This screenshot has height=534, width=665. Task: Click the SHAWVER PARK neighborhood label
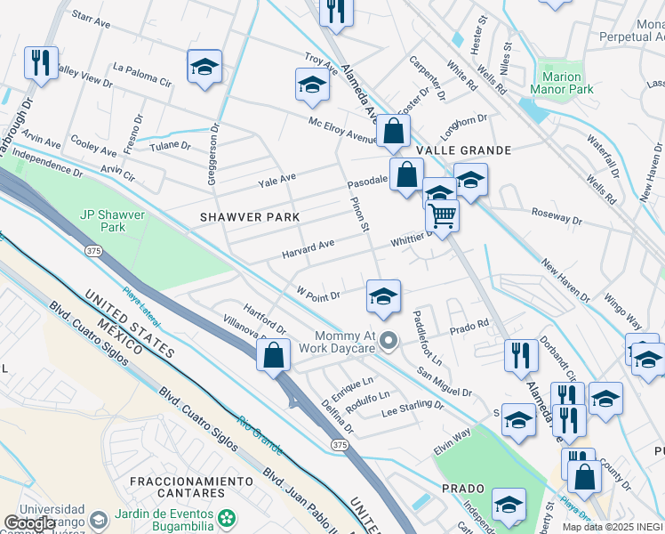tap(249, 217)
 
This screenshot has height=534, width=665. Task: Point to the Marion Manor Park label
tap(562, 83)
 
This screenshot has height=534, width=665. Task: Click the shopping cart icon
tap(442, 214)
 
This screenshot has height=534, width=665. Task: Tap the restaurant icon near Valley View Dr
tap(41, 64)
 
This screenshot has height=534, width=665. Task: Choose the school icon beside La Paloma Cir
tap(204, 67)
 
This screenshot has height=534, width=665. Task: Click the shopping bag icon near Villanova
tap(275, 354)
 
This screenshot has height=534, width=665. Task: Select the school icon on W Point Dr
tap(383, 296)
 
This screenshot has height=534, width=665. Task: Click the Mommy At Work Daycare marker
tap(388, 341)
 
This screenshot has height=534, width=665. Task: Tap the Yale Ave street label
tap(276, 180)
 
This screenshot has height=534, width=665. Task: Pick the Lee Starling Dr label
tap(412, 408)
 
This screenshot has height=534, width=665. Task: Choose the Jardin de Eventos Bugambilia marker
tap(228, 517)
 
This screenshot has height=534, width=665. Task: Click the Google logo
tap(29, 523)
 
